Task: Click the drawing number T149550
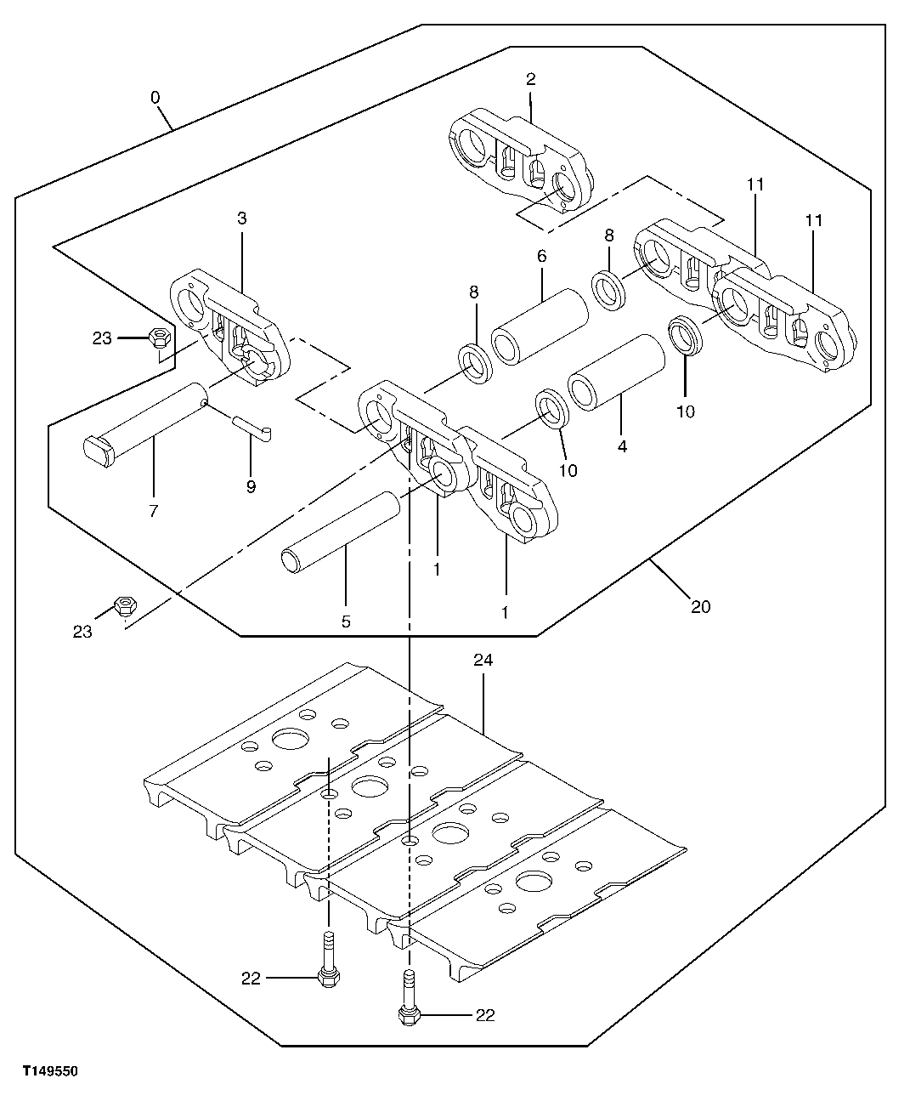[50, 1073]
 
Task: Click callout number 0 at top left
[155, 98]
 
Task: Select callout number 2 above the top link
[531, 80]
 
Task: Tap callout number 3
[241, 218]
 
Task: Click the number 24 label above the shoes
[483, 660]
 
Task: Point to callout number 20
[700, 606]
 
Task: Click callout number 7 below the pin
[153, 511]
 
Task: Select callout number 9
[251, 487]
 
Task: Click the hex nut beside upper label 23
[157, 338]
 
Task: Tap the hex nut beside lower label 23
[125, 605]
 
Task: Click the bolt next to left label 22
[328, 964]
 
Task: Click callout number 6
[541, 256]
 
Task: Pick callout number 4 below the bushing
[622, 446]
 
